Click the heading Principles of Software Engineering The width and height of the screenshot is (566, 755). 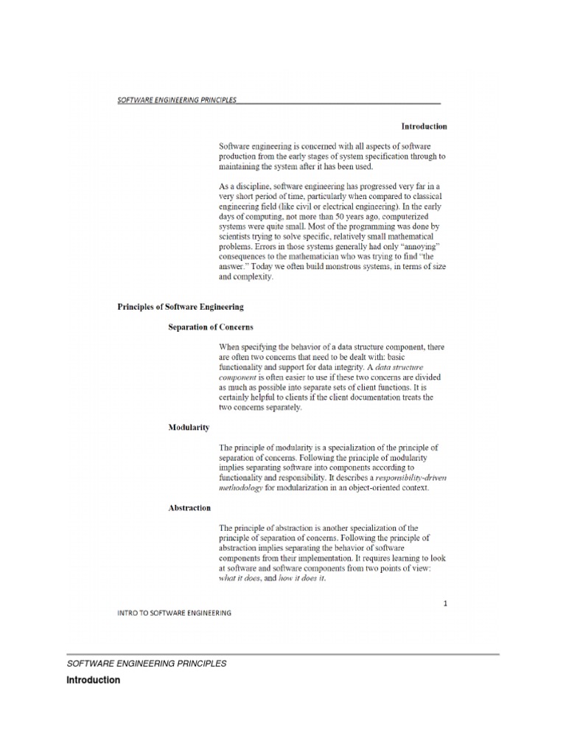pyautogui.click(x=181, y=306)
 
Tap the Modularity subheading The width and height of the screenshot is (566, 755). pyautogui.click(x=189, y=428)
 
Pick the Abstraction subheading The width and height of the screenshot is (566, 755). pyautogui.click(x=190, y=508)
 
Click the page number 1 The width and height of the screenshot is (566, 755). pyautogui.click(x=445, y=603)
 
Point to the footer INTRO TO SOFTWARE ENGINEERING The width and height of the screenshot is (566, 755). pyautogui.click(x=175, y=613)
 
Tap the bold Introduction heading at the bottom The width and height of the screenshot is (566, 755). pyautogui.click(x=94, y=681)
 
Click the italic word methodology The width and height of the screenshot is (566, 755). pyautogui.click(x=240, y=488)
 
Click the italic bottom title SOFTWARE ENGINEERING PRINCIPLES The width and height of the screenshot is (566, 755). pyautogui.click(x=147, y=664)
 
